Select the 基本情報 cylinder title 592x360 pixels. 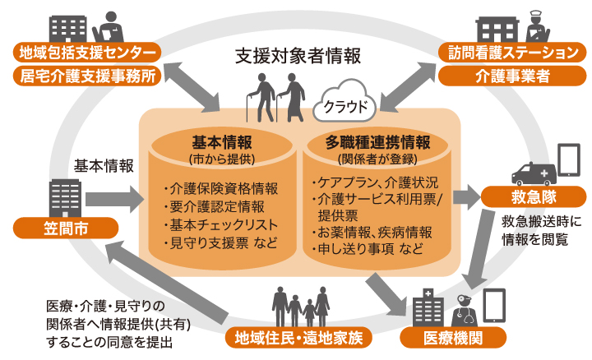tap(221, 141)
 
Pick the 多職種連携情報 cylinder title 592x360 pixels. tap(377, 141)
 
